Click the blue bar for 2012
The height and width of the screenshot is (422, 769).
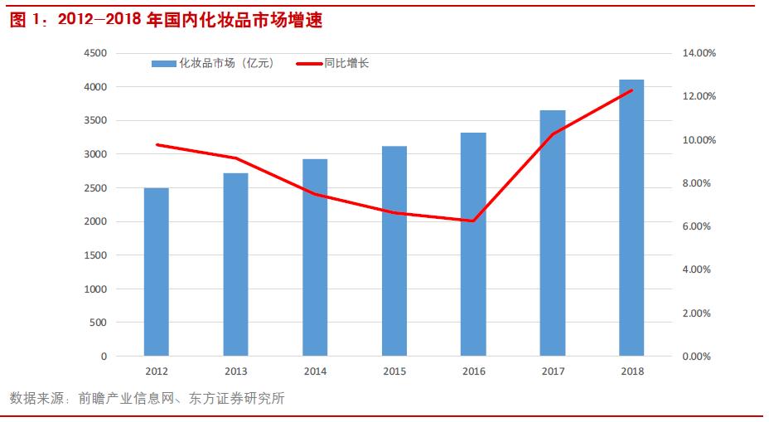[156, 272]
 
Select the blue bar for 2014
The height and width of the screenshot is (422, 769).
[315, 257]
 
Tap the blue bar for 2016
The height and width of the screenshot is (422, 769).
[473, 245]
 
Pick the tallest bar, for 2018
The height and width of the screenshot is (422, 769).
[631, 218]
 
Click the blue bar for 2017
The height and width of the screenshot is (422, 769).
[553, 233]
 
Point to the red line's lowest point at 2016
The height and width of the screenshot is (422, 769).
[473, 221]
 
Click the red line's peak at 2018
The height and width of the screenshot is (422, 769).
[631, 90]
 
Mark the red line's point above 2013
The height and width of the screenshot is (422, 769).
[235, 158]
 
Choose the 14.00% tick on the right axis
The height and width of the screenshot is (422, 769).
[698, 53]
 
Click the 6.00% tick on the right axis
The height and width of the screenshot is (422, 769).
[698, 226]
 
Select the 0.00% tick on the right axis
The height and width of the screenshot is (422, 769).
[698, 357]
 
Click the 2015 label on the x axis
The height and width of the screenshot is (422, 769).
[394, 372]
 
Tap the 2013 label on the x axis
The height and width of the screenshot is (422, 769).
[235, 372]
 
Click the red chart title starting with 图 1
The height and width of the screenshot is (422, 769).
[166, 22]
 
